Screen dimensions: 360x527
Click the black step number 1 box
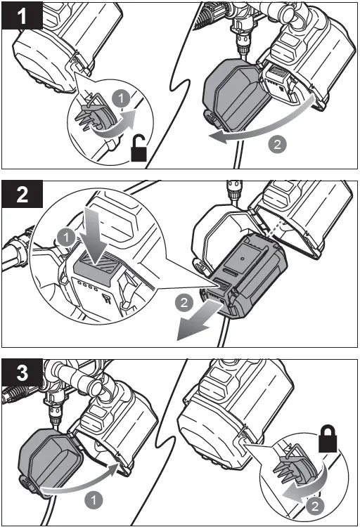click(x=22, y=15)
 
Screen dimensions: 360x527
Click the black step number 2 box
click(x=22, y=194)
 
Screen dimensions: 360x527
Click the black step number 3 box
click(x=22, y=372)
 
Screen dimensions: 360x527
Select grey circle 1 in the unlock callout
click(x=121, y=98)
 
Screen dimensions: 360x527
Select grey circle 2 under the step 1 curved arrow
click(x=277, y=145)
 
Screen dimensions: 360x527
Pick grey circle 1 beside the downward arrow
click(x=66, y=238)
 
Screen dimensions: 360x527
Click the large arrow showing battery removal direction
click(x=198, y=319)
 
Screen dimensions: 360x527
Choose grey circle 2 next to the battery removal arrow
click(x=184, y=302)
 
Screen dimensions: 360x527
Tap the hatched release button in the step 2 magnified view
click(x=95, y=269)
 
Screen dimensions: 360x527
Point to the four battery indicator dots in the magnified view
click(x=86, y=286)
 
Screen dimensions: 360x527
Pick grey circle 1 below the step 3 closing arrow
click(x=94, y=500)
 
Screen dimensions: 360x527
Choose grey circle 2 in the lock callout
click(x=315, y=506)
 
